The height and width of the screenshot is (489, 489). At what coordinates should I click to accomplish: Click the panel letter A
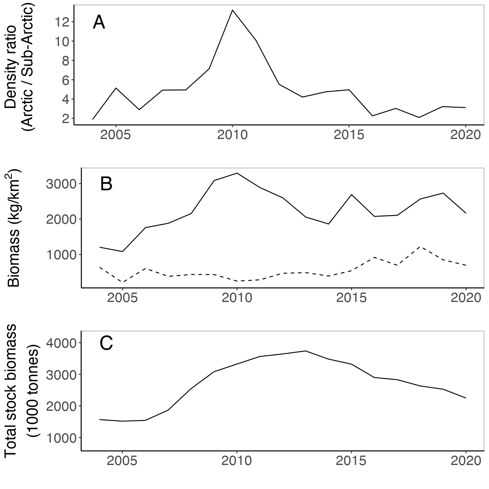(99, 22)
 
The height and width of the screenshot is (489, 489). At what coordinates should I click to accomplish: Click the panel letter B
(106, 185)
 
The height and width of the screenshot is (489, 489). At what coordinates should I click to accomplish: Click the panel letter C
(106, 344)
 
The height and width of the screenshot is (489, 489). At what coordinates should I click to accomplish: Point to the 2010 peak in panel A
(232, 10)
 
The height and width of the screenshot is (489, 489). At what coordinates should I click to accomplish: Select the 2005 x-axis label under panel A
(116, 135)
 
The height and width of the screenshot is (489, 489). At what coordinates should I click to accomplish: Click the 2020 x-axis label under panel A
(465, 135)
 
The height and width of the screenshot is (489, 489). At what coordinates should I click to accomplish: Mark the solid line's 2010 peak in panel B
(237, 173)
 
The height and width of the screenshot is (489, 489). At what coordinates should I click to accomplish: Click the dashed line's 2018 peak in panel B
(420, 247)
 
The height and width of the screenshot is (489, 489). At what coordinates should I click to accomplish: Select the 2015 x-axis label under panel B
(351, 298)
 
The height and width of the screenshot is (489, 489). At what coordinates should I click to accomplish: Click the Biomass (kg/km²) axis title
(14, 228)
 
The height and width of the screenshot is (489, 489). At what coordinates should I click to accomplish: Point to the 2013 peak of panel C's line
(306, 351)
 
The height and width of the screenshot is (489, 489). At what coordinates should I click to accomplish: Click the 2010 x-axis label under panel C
(237, 461)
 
